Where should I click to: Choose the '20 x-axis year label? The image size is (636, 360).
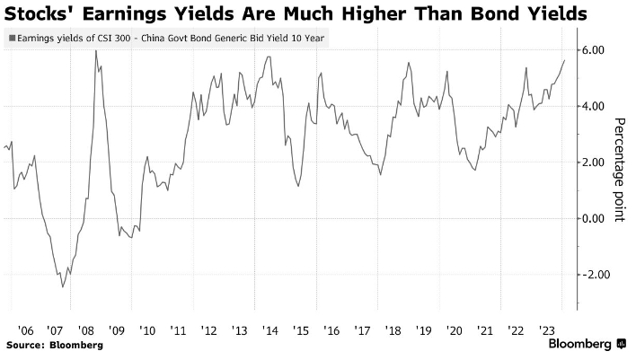click(453, 329)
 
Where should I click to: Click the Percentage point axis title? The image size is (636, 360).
click(619, 171)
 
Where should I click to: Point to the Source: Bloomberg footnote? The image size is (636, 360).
click(54, 345)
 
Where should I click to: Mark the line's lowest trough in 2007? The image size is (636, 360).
click(62, 287)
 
